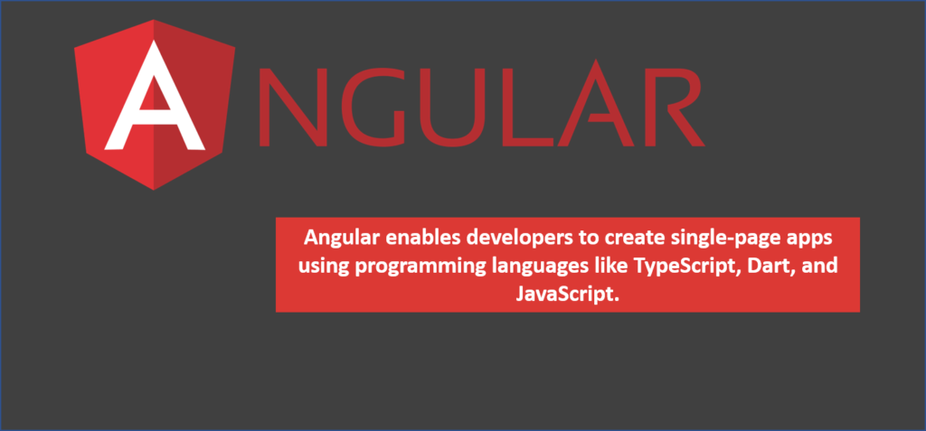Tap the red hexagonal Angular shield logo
(x=155, y=105)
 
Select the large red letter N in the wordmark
(x=293, y=107)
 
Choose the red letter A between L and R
(x=595, y=103)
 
